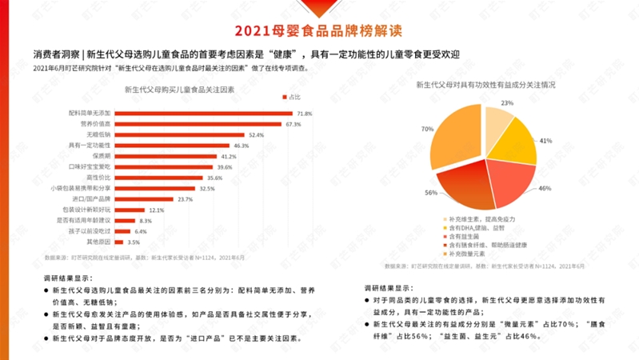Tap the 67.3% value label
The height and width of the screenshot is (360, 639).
293,125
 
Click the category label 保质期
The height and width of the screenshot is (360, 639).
100,156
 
